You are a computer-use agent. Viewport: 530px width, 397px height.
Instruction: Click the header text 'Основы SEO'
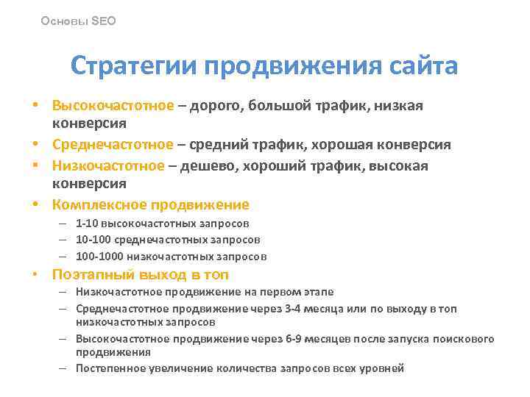click(79, 21)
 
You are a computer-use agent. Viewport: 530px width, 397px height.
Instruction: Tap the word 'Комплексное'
click(98, 204)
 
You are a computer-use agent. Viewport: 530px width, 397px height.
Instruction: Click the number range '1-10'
click(86, 223)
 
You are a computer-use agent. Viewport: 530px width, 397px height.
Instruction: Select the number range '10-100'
click(90, 240)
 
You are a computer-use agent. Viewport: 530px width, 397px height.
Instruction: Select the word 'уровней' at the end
click(381, 368)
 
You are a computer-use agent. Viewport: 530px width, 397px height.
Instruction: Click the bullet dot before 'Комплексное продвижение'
click(35, 204)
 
